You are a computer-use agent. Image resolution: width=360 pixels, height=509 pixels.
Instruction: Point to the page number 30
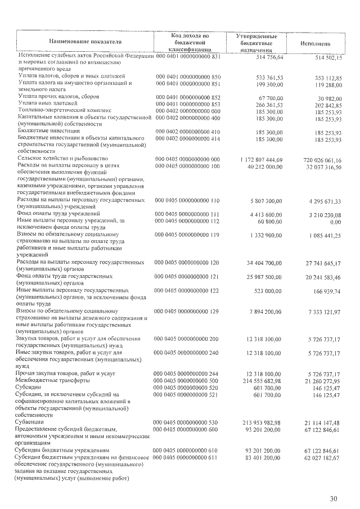coord(334,499)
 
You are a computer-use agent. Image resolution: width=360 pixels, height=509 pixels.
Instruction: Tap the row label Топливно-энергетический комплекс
coord(65,110)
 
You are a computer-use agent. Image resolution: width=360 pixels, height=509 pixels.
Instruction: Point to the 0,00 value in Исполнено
coord(335,223)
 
